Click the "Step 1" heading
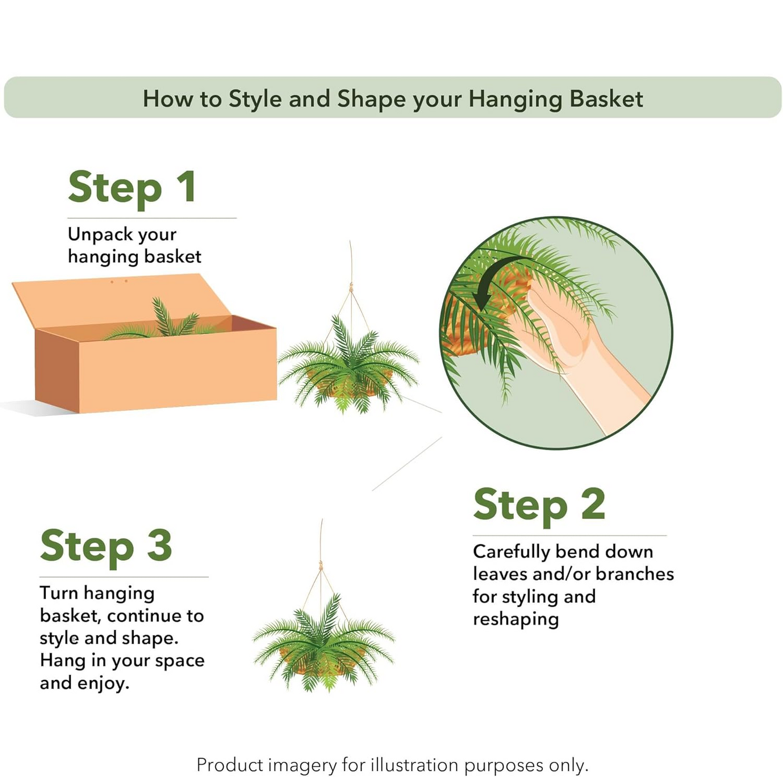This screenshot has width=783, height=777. tap(132, 188)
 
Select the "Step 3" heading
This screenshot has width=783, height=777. tap(106, 547)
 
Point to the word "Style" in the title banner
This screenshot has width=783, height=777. tap(255, 99)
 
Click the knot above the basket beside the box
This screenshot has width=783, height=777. tap(351, 288)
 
